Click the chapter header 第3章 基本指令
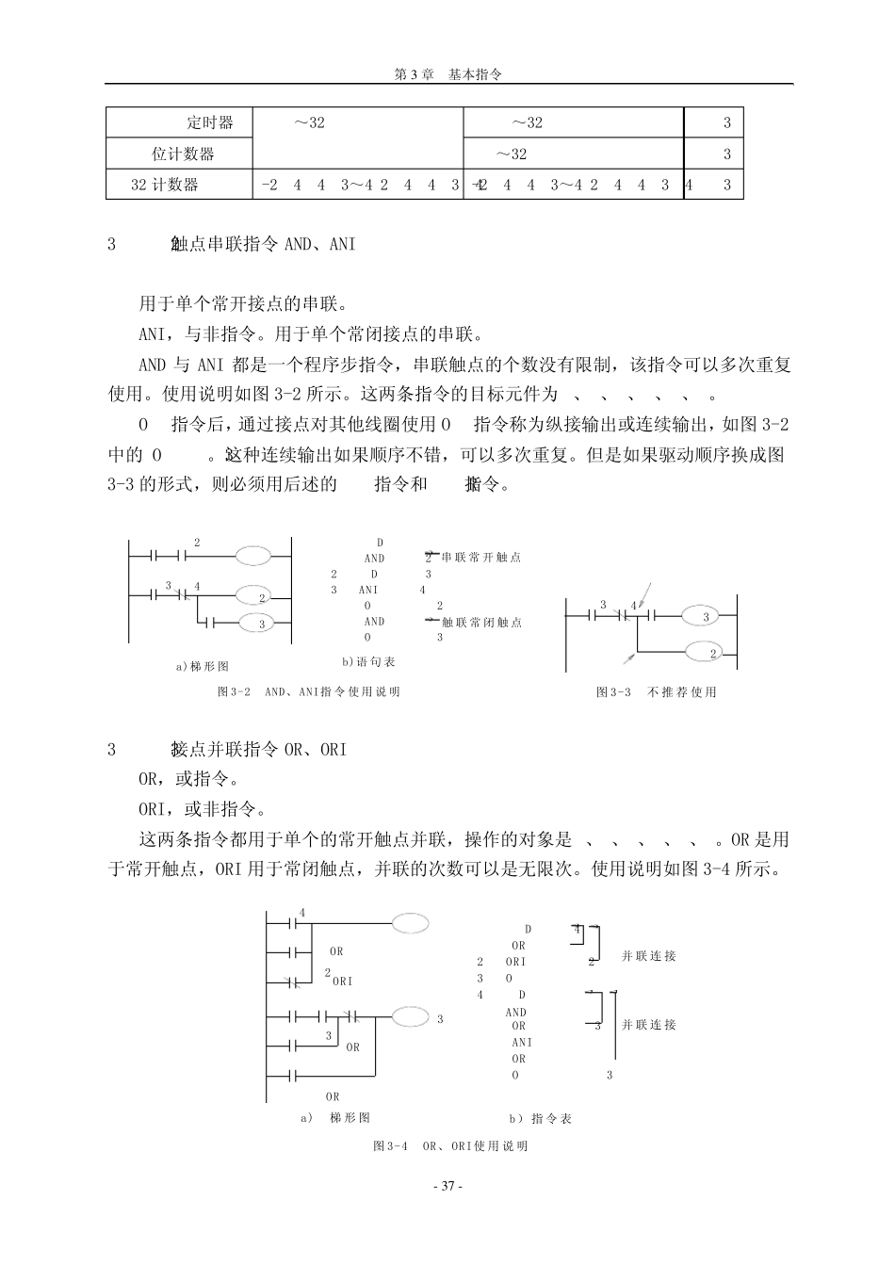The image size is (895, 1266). point(447,74)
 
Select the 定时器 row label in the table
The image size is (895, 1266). point(209,122)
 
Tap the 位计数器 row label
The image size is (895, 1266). point(184,154)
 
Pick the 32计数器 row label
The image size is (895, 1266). point(165,185)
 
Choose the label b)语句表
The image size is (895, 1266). point(368,662)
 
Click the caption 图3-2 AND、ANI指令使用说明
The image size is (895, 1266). point(308,691)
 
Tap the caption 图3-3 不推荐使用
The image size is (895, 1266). point(656,691)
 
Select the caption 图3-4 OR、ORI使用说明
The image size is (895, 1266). point(450,1146)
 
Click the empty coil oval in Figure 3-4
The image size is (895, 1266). point(411,923)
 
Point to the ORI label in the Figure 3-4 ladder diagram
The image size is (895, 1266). point(342,981)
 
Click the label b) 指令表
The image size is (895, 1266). point(541,1119)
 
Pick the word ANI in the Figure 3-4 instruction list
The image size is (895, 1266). point(522,1043)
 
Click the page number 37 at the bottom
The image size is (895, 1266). point(447,1186)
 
